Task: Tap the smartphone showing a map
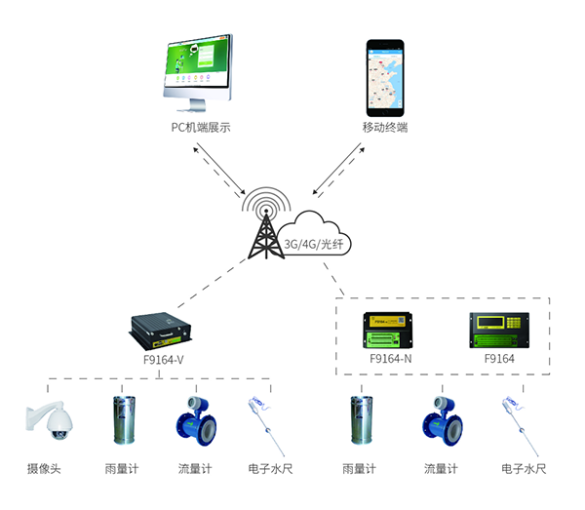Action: click(x=385, y=75)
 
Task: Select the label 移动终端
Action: click(x=385, y=128)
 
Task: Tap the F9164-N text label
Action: click(x=390, y=358)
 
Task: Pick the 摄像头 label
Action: click(x=45, y=469)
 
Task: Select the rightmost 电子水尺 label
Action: click(x=522, y=469)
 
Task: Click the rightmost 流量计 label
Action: click(x=442, y=469)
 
